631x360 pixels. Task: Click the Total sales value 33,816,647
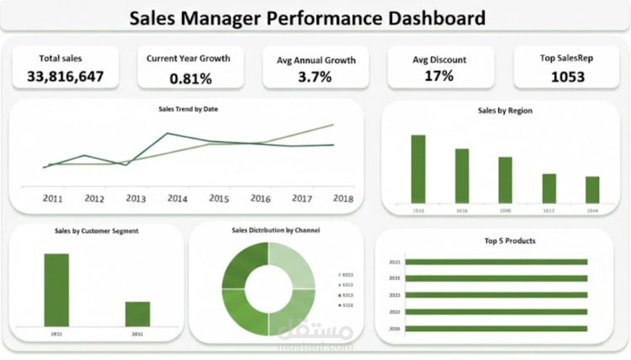pos(65,76)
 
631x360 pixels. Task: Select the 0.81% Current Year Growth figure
pos(190,78)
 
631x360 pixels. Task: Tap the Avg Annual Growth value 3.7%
pos(315,77)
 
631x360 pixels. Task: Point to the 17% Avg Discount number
pos(439,76)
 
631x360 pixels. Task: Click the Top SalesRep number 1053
pos(568,77)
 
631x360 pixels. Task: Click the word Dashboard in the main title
pos(437,18)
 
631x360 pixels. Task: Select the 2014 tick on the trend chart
pos(177,199)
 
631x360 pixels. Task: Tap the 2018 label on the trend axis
pos(343,199)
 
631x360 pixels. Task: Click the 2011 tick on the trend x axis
pos(52,199)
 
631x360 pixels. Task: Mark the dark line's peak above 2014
pos(167,133)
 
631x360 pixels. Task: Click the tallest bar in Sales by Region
pos(418,169)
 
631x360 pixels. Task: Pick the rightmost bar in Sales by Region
pos(592,190)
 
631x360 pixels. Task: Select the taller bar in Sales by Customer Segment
pos(56,290)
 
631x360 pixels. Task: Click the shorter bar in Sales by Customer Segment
pos(137,314)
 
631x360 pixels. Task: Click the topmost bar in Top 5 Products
pos(496,262)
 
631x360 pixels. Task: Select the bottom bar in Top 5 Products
pos(496,328)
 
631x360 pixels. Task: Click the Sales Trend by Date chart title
pos(188,109)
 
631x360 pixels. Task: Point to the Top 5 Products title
pos(510,241)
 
